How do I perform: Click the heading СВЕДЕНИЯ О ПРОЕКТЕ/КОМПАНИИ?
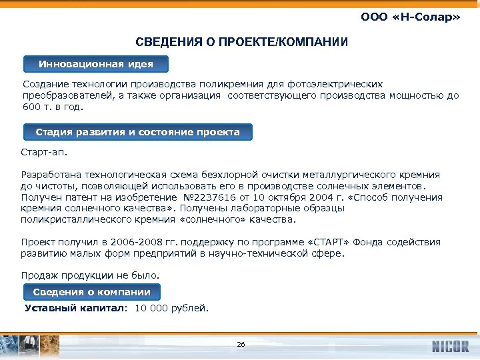[x=241, y=43]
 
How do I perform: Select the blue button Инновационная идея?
[x=96, y=64]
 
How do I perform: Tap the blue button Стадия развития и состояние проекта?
[x=137, y=132]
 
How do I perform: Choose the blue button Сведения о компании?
[x=92, y=292]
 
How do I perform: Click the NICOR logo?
[x=450, y=346]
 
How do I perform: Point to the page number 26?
[x=241, y=345]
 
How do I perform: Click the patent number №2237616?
[x=208, y=197]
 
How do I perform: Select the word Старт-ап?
[x=45, y=153]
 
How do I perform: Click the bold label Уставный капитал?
[x=75, y=308]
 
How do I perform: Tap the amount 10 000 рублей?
[x=172, y=308]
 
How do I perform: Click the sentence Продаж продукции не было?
[x=91, y=275]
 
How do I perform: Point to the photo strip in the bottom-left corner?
[x=30, y=345]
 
